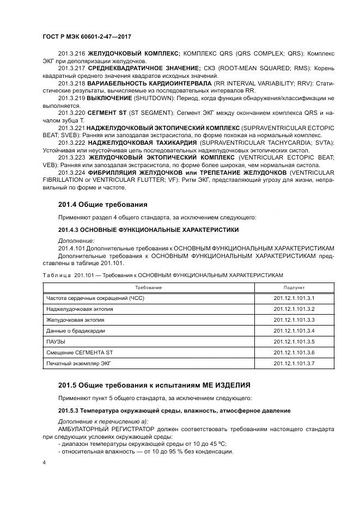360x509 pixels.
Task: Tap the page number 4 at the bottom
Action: click(44, 463)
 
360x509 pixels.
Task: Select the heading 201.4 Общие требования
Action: click(102, 205)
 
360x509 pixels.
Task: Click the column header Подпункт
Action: click(294, 287)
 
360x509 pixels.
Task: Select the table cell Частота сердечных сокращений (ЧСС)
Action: click(95, 298)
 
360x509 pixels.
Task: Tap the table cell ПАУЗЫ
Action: click(56, 341)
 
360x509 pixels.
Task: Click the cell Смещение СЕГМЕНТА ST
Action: click(80, 352)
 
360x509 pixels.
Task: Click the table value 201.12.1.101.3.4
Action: click(294, 330)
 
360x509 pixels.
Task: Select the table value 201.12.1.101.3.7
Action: click(294, 363)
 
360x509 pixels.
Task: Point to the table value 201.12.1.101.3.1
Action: click(294, 298)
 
